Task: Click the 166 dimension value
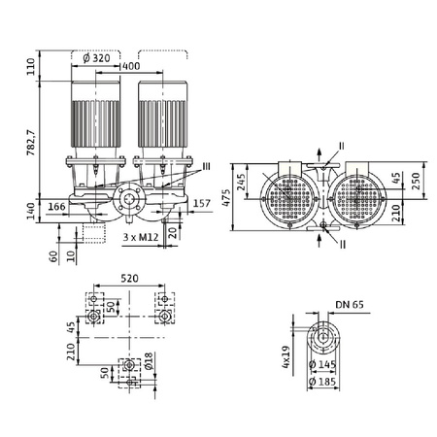[56, 206]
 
